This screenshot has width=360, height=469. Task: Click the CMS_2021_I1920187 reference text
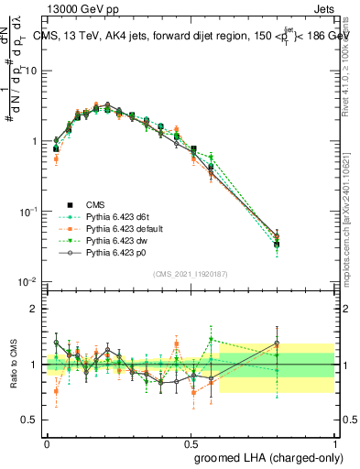click(190, 274)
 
